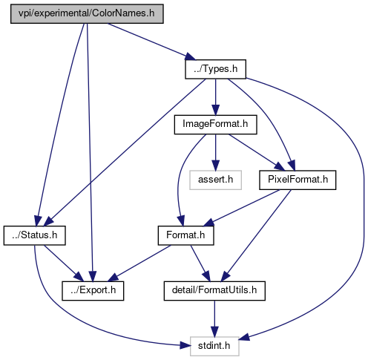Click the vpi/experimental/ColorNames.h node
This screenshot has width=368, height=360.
point(87,14)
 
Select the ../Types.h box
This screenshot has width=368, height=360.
point(215,69)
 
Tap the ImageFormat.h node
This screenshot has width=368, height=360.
point(215,125)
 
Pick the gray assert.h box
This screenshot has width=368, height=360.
point(215,180)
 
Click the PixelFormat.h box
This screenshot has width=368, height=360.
point(298,180)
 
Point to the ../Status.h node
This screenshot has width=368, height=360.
point(34,235)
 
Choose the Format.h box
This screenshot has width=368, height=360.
point(185,235)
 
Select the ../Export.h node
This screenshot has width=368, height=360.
point(93,291)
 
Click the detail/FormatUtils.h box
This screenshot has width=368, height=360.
point(214,291)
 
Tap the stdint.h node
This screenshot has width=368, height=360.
point(214,347)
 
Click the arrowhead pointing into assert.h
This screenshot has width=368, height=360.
point(215,166)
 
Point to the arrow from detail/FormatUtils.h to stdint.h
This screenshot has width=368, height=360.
point(214,318)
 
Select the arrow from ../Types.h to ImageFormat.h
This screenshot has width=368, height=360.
point(215,97)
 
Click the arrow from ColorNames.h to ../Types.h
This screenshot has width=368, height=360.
point(151,42)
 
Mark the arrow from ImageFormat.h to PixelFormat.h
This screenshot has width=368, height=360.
point(257,152)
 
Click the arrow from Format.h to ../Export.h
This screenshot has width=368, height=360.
point(139,264)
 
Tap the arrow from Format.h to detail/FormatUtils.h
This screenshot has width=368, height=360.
point(200,264)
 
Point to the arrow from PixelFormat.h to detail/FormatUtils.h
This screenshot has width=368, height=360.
point(256,235)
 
